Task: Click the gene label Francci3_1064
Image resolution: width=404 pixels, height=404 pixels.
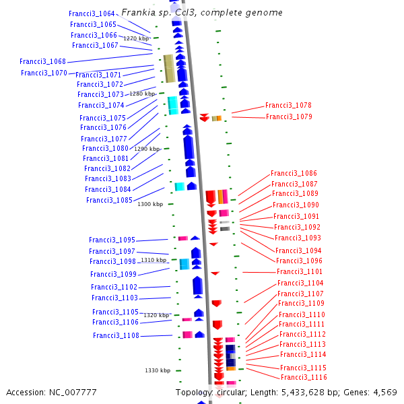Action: (92, 13)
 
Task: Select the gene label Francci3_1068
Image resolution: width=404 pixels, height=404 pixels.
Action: (42, 61)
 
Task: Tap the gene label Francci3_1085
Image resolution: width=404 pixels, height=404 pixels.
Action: (109, 200)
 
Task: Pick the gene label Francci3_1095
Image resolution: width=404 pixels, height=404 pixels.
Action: (112, 240)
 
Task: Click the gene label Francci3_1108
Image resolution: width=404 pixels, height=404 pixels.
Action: (116, 335)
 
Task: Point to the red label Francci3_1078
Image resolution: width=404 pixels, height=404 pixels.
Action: (288, 105)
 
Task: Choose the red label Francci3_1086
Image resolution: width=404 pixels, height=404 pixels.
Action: (294, 173)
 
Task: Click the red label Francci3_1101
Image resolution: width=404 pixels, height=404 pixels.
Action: (300, 271)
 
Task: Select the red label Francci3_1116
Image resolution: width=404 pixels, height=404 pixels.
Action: (304, 378)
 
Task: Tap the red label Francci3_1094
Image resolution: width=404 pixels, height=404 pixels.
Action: (298, 250)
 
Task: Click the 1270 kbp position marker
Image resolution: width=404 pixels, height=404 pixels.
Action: (135, 39)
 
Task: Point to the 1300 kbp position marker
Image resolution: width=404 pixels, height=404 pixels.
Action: (150, 204)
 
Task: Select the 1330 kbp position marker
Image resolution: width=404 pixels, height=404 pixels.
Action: (158, 370)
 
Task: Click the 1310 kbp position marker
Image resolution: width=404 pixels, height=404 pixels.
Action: (154, 260)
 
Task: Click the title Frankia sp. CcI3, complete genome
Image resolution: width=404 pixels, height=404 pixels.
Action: (202, 13)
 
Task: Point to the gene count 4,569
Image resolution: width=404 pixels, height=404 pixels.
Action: (383, 392)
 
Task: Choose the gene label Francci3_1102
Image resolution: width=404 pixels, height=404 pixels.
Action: (114, 287)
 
